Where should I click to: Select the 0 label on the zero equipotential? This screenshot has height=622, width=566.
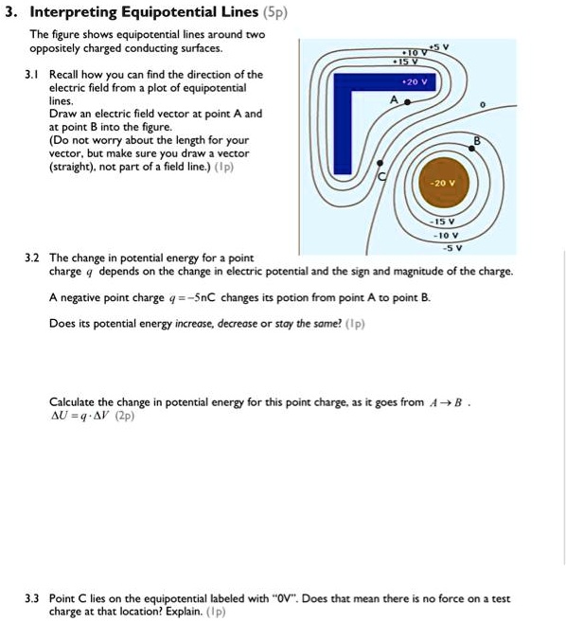483,105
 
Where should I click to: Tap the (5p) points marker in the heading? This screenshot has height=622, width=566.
275,12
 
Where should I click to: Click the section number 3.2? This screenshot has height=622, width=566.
32,258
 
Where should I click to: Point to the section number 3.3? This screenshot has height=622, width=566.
32,598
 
